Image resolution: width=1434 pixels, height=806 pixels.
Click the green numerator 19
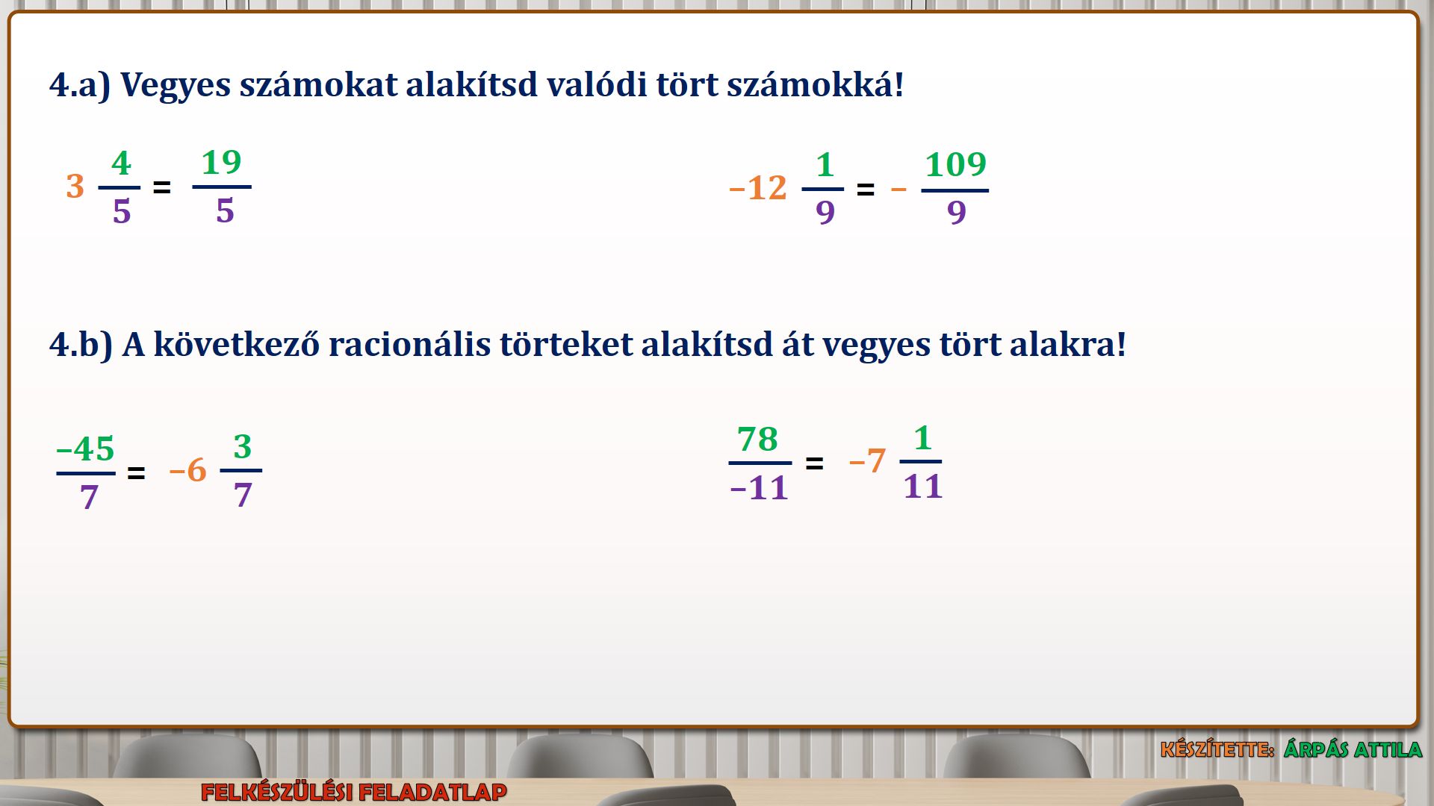tap(222, 163)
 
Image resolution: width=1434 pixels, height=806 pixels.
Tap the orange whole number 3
tap(75, 187)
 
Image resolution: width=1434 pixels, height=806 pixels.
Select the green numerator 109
tap(955, 164)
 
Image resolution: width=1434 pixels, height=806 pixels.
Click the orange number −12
tap(757, 188)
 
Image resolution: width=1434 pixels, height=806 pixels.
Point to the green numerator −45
tap(85, 449)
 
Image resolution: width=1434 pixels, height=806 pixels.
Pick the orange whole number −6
tap(187, 471)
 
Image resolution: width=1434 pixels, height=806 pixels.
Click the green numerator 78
tap(757, 439)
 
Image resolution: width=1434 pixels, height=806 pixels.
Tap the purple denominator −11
tap(759, 488)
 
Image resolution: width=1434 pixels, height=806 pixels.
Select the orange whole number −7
tap(867, 461)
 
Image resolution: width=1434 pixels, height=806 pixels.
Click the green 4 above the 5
tap(121, 163)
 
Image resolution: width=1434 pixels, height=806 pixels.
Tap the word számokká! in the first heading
tap(815, 84)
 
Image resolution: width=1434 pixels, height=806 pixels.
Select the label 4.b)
tap(81, 345)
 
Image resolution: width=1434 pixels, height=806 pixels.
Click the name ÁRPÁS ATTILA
tap(1353, 749)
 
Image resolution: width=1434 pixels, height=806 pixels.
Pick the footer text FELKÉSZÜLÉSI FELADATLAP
tap(354, 792)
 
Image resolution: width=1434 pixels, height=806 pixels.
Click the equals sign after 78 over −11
tap(814, 463)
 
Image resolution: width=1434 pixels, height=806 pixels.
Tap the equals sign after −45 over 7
tap(136, 473)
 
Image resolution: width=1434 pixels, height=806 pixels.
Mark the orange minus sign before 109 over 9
tap(898, 190)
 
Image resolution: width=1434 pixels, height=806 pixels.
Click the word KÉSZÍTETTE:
tap(1217, 749)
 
